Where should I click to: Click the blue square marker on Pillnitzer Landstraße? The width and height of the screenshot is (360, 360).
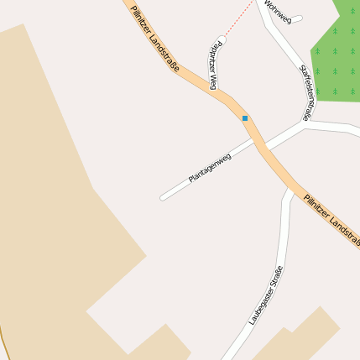[245, 118]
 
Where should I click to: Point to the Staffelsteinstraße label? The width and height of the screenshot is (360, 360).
[305, 94]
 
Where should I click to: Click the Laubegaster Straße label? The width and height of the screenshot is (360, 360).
[265, 295]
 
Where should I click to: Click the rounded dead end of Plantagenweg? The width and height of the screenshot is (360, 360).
[164, 198]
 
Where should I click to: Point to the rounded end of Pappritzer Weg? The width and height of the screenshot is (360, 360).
[222, 39]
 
